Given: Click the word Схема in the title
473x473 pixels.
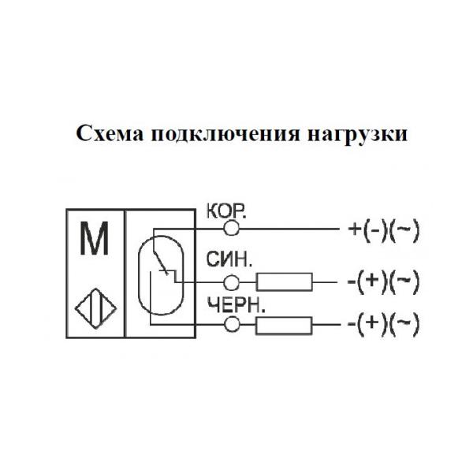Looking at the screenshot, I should click(106, 133).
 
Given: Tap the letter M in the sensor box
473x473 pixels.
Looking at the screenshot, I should click(95, 242).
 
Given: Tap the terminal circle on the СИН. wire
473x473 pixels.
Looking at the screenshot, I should click(233, 281).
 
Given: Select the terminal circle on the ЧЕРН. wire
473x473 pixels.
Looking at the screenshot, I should click(233, 323).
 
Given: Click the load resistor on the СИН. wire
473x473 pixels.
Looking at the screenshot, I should click(283, 281).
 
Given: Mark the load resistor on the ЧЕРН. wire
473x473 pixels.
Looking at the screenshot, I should click(283, 323).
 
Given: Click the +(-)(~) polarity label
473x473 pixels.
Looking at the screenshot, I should click(382, 230).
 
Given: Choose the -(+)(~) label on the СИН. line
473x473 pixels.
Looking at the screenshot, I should click(382, 281).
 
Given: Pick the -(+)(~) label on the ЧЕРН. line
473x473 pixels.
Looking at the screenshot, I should click(382, 323).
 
